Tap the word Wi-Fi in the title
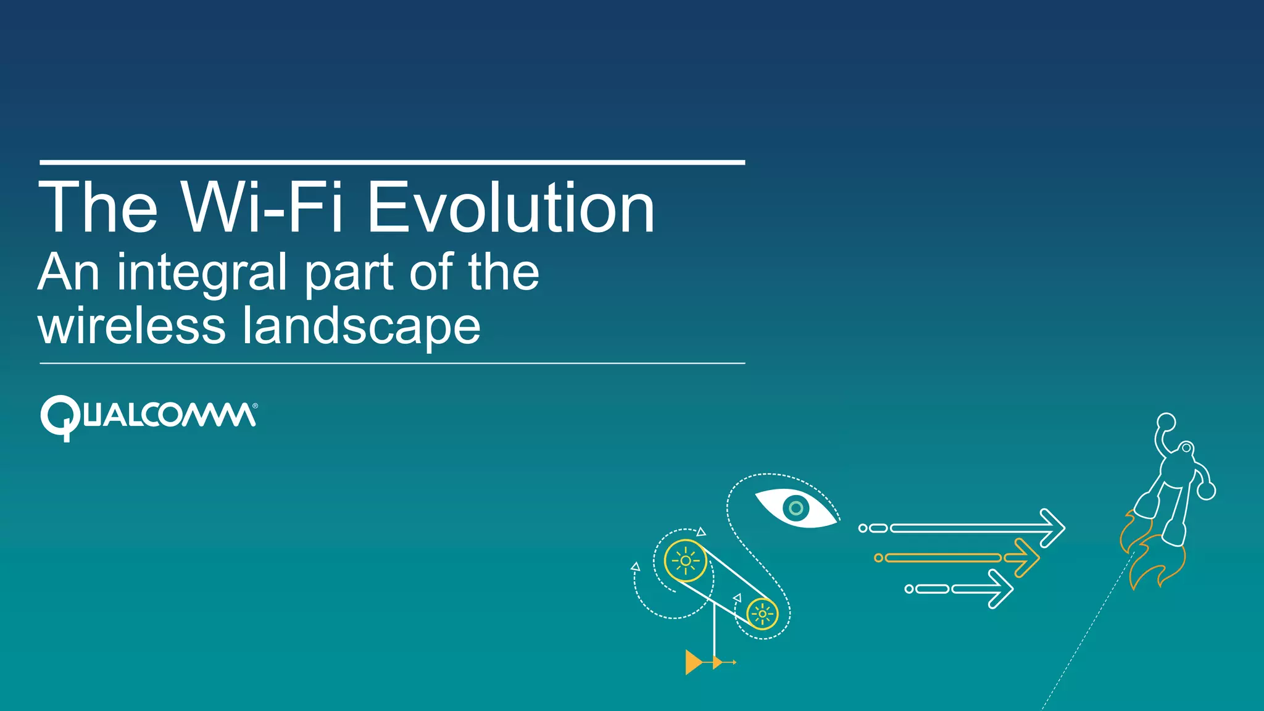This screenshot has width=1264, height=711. pyautogui.click(x=262, y=208)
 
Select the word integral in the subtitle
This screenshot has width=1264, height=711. pyautogui.click(x=202, y=272)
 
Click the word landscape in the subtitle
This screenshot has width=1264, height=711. pyautogui.click(x=361, y=327)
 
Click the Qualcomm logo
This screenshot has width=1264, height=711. pyautogui.click(x=148, y=417)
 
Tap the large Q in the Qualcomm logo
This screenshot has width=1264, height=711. pyautogui.click(x=60, y=417)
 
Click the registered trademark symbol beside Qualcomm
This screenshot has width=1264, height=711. pyautogui.click(x=255, y=406)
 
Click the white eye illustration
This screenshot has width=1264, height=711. pyautogui.click(x=796, y=508)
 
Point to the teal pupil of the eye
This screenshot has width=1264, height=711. pyautogui.click(x=796, y=508)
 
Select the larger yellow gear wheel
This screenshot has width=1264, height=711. pyautogui.click(x=685, y=560)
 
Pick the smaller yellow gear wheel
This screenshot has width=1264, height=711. pyautogui.click(x=762, y=614)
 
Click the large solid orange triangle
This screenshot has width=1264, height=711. pyautogui.click(x=692, y=662)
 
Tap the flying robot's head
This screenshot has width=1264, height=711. pyautogui.click(x=1186, y=449)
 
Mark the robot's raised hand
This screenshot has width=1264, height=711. pyautogui.click(x=1166, y=422)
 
